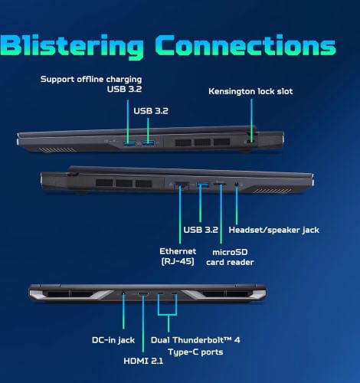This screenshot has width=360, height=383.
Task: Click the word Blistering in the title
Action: pyautogui.click(x=71, y=47)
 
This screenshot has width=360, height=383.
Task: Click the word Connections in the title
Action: pyautogui.click(x=245, y=45)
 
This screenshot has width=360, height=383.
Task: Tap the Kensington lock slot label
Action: pyautogui.click(x=250, y=91)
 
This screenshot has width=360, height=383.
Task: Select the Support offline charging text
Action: pyautogui.click(x=91, y=79)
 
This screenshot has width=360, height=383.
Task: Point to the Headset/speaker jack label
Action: pyautogui.click(x=273, y=230)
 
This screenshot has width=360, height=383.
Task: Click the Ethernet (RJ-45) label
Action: pyautogui.click(x=178, y=257)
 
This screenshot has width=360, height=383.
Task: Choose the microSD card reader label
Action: pyautogui.click(x=230, y=257)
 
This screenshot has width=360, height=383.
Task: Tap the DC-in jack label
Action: pyautogui.click(x=113, y=340)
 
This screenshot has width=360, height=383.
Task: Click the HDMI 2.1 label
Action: pyautogui.click(x=143, y=361)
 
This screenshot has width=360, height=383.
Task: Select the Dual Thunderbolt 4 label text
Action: pyautogui.click(x=195, y=340)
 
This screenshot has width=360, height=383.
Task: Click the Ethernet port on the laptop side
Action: pyautogui.click(x=182, y=185)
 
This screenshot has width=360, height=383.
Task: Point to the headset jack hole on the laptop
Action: pyautogui.click(x=237, y=184)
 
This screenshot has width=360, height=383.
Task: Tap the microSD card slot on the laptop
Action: pyautogui.click(x=220, y=184)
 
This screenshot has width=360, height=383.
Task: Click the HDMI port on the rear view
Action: pyautogui.click(x=143, y=294)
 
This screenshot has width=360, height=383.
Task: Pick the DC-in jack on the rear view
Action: pyautogui.click(x=123, y=293)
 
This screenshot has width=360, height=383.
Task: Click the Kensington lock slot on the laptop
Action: pyautogui.click(x=250, y=141)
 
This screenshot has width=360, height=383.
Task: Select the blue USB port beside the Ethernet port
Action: pyautogui.click(x=202, y=184)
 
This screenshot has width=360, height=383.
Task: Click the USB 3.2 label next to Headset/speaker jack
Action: pyautogui.click(x=201, y=230)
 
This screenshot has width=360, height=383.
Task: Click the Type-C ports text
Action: pyautogui.click(x=195, y=352)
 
